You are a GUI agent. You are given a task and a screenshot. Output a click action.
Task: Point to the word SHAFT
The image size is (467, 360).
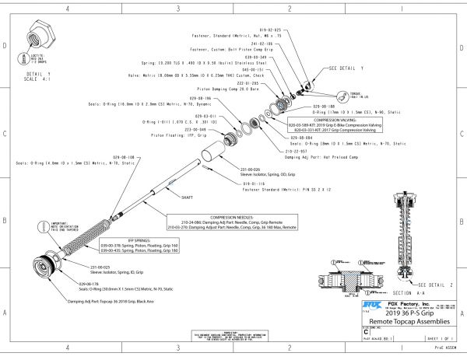[187, 198]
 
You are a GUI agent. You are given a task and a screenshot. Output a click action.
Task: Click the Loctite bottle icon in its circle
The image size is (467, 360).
[20, 58]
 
